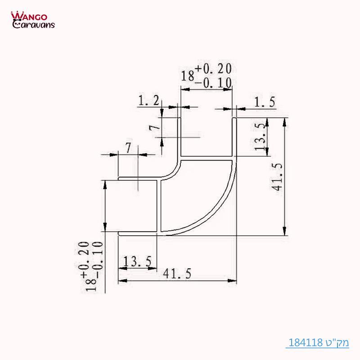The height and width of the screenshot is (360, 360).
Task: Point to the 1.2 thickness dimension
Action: (x=149, y=102)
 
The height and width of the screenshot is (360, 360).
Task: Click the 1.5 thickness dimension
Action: (x=264, y=103)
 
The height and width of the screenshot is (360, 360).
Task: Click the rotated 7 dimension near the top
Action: (x=154, y=127)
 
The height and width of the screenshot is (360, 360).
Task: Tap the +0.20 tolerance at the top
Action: (x=213, y=69)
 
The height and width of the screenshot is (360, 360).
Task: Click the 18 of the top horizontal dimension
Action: (x=187, y=76)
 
